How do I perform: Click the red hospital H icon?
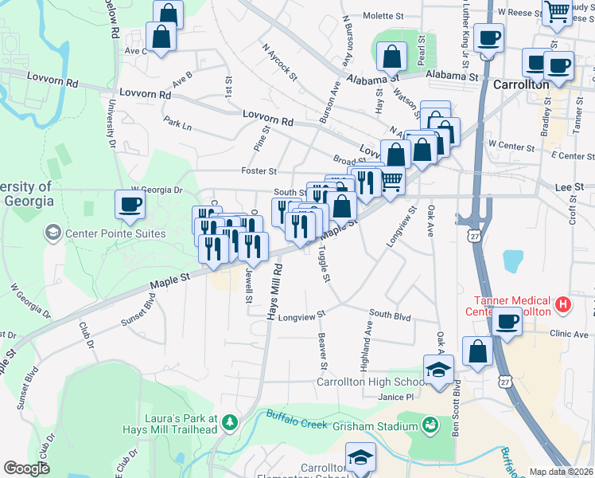(x=563, y=304)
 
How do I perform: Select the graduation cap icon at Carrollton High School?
(x=438, y=370)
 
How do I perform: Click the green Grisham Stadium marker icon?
(x=430, y=425)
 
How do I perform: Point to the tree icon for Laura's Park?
(x=230, y=421)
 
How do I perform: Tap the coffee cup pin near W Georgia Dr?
(x=130, y=205)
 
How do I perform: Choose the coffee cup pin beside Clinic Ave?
(x=507, y=321)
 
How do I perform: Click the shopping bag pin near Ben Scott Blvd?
(x=478, y=351)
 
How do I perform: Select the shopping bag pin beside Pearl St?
(x=392, y=56)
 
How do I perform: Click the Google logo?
(x=26, y=468)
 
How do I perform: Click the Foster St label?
(x=259, y=171)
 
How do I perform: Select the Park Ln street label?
(x=177, y=125)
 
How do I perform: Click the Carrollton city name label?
(x=521, y=84)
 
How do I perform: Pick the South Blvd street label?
(x=390, y=316)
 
